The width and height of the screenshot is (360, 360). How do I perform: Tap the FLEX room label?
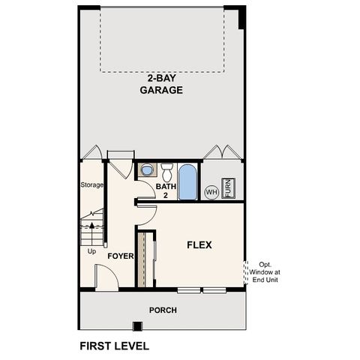point(199,244)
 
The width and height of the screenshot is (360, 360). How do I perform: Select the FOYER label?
point(120,256)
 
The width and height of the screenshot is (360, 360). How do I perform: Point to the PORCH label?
point(161,309)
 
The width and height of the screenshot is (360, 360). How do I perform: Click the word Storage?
point(91,184)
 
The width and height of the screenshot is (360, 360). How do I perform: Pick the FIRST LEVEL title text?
point(114,346)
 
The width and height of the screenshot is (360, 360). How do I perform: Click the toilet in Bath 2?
point(168,169)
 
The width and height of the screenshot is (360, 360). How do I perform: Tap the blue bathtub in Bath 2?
point(188,181)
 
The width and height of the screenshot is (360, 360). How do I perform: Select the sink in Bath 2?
point(145,170)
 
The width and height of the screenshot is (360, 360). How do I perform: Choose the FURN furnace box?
point(229,187)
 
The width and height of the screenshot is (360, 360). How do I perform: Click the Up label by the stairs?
point(91,251)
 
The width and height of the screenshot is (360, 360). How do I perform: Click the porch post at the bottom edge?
point(136,325)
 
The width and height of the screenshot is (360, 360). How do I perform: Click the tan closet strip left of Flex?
point(139,258)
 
